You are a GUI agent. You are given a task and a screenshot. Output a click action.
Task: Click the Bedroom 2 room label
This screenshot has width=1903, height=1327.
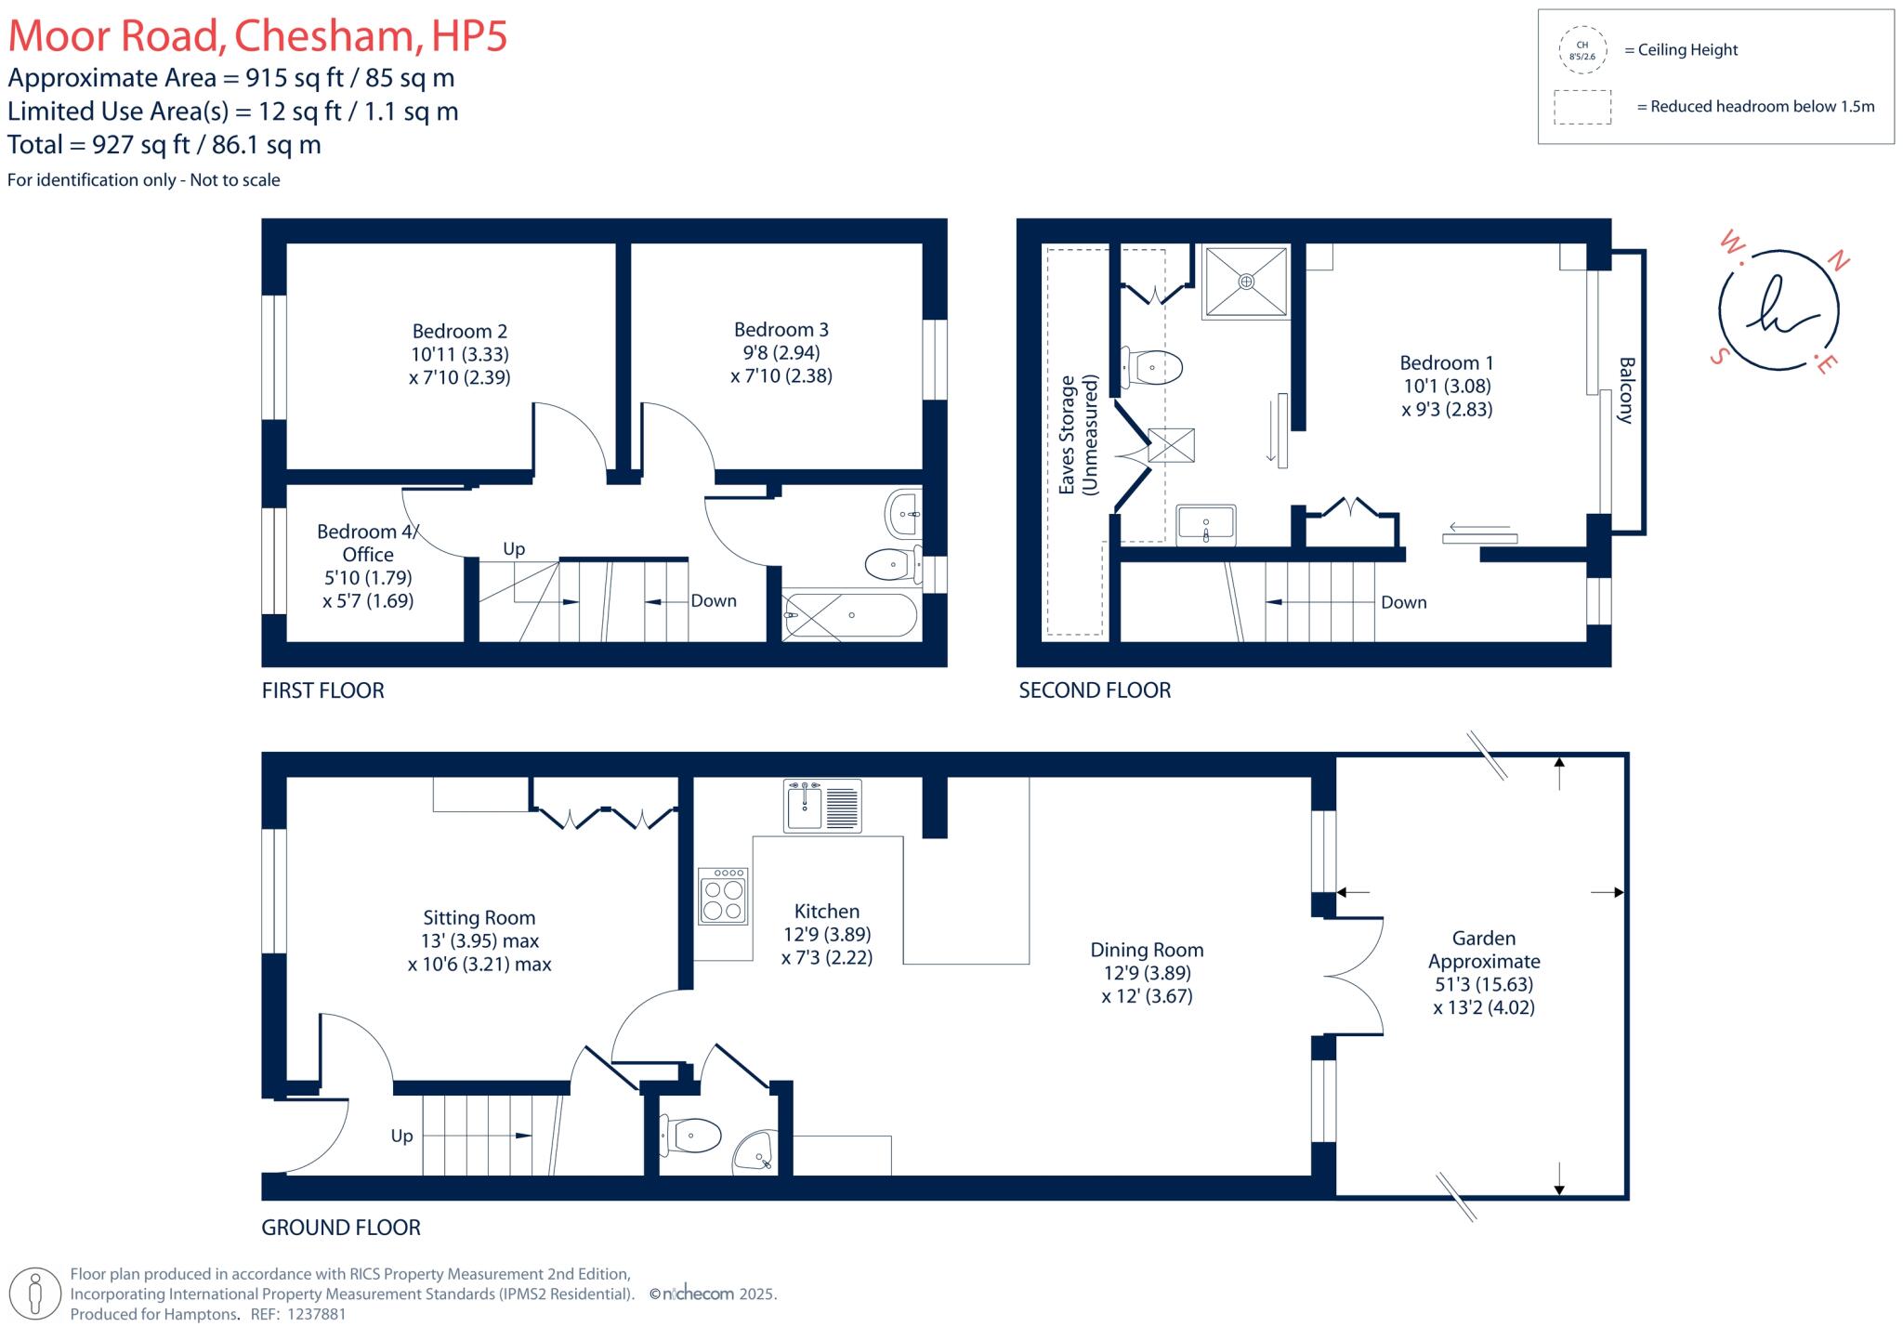pyautogui.click(x=460, y=332)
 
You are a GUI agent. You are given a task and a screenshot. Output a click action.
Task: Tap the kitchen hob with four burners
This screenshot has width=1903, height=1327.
pyautogui.click(x=723, y=897)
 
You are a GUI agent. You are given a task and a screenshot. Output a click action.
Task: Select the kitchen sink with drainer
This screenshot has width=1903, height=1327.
pyautogui.click(x=822, y=805)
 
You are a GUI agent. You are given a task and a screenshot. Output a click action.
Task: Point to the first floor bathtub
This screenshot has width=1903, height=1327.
pyautogui.click(x=850, y=615)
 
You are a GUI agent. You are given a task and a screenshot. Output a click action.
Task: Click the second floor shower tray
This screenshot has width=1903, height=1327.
pyautogui.click(x=1246, y=282)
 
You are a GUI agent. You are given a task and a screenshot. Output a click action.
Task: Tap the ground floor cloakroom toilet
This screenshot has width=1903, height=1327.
pyautogui.click(x=692, y=1136)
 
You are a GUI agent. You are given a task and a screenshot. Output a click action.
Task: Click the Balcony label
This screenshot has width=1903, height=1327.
pyautogui.click(x=1626, y=390)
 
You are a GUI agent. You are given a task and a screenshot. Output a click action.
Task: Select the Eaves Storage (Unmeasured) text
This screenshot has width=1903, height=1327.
pyautogui.click(x=1078, y=435)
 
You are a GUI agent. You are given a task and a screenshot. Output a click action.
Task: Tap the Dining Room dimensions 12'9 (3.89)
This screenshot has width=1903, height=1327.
pyautogui.click(x=1147, y=973)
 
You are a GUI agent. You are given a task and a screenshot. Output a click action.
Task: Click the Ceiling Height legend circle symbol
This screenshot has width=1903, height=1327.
pyautogui.click(x=1581, y=50)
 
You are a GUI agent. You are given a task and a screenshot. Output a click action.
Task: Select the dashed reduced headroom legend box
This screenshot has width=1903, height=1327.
pyautogui.click(x=1581, y=107)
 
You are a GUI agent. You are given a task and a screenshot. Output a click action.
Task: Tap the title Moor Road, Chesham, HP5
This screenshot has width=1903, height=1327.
pyautogui.click(x=257, y=36)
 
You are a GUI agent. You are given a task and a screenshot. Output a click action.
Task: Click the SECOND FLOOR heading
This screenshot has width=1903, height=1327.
pyautogui.click(x=1095, y=690)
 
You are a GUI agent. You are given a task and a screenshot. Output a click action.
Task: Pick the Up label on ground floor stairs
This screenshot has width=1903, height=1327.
pyautogui.click(x=401, y=1136)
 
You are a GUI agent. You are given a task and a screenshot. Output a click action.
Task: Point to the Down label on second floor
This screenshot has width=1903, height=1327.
pyautogui.click(x=1403, y=602)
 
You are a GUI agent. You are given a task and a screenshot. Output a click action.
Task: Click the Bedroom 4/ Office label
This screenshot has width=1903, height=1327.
pyautogui.click(x=368, y=543)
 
